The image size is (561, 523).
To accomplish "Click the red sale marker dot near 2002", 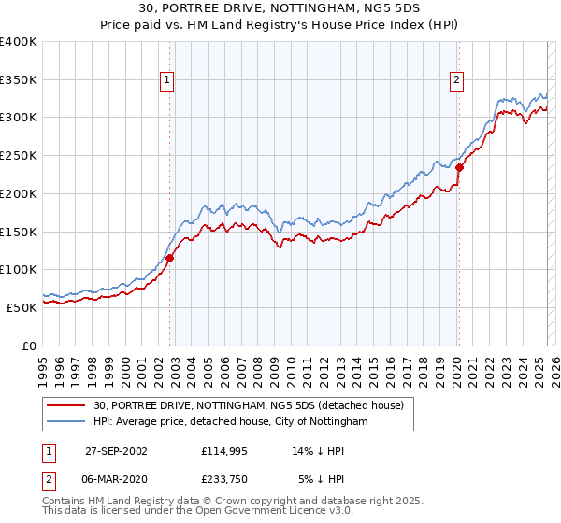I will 170,258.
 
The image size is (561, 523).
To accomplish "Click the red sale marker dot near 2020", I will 459,168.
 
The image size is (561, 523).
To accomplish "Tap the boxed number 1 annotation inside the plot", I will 166,81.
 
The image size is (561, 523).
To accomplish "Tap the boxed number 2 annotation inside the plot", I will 456,81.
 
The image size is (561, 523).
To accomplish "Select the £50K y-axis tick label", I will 22,306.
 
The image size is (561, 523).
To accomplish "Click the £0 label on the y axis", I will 31,345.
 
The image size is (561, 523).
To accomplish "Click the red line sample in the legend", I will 66,405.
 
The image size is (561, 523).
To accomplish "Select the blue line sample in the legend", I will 66,422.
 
